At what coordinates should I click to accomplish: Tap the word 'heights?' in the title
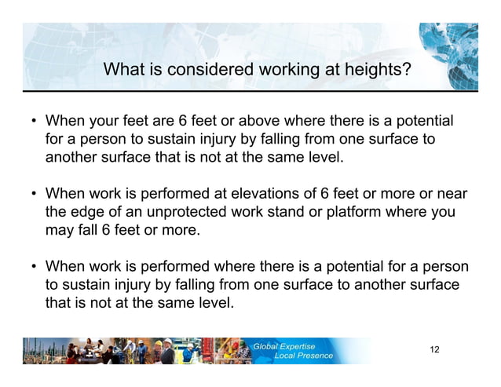tap(374, 71)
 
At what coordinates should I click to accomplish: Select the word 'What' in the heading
tap(122, 71)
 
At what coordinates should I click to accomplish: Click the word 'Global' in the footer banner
tap(269, 345)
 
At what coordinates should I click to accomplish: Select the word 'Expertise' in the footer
tap(302, 345)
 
